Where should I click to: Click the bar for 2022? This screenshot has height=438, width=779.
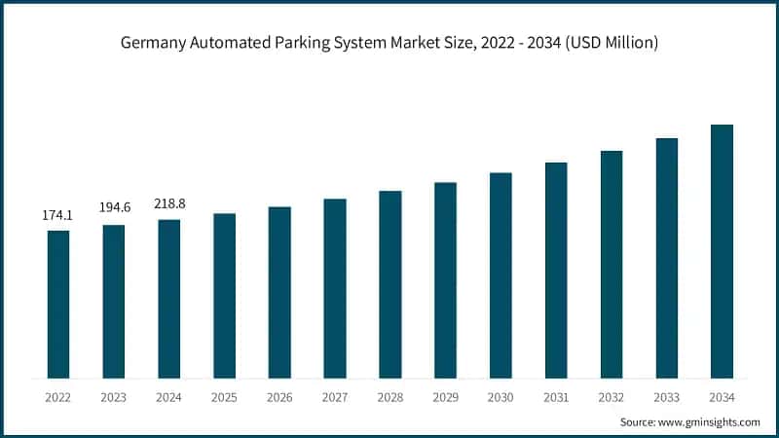[x=58, y=304]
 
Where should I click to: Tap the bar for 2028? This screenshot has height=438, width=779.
[x=389, y=284]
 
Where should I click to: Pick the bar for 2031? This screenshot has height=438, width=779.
[x=556, y=270]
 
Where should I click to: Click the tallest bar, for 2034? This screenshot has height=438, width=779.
[x=722, y=251]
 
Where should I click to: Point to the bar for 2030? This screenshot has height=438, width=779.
[x=501, y=275]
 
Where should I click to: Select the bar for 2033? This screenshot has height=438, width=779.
[x=666, y=258]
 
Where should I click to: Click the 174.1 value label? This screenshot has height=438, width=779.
[x=58, y=214]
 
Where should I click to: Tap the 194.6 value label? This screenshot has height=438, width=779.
[x=114, y=208]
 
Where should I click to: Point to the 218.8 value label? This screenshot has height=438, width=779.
[x=168, y=203]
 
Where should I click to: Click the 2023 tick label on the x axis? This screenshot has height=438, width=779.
[x=114, y=397]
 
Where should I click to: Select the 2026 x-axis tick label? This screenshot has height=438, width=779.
[x=279, y=397]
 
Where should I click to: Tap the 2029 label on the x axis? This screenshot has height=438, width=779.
[x=445, y=397]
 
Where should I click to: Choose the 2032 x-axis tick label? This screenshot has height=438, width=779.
[x=611, y=397]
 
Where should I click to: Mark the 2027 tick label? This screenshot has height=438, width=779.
[x=335, y=397]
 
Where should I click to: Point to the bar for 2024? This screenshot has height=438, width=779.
[x=168, y=299]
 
